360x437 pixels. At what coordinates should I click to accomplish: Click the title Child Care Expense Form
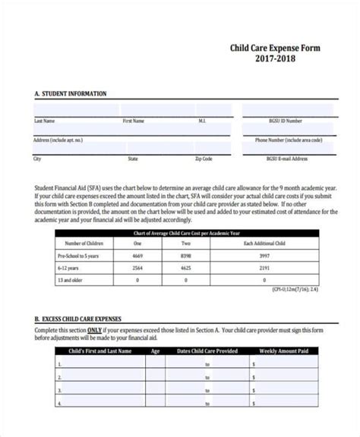pyautogui.click(x=275, y=48)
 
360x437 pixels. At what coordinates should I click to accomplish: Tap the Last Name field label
pyautogui.click(x=44, y=121)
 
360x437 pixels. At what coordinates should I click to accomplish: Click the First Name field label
pyautogui.click(x=134, y=121)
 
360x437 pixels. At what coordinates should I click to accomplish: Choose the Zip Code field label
pyautogui.click(x=204, y=159)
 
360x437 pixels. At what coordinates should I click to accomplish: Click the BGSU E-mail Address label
pyautogui.click(x=287, y=159)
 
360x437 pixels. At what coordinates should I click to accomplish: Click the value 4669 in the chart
pyautogui.click(x=137, y=256)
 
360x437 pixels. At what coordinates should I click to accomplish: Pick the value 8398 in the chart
pyautogui.click(x=186, y=256)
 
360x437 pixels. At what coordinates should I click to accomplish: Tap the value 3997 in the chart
pyautogui.click(x=264, y=256)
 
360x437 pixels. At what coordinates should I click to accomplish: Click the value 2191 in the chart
pyautogui.click(x=264, y=268)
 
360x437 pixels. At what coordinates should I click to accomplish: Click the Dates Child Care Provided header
pyautogui.click(x=207, y=351)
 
